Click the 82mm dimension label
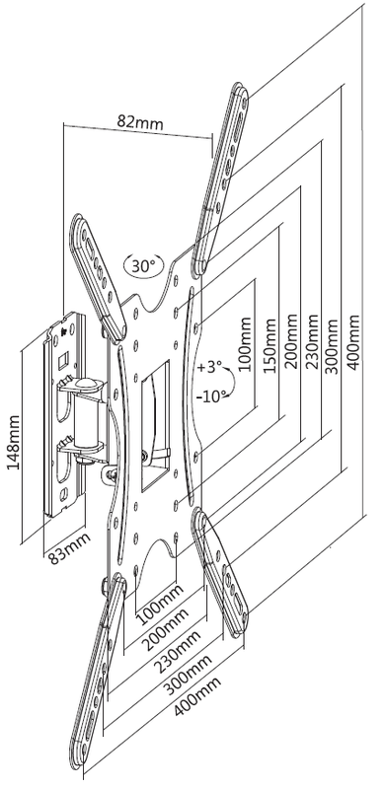pyautogui.click(x=140, y=121)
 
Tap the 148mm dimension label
pyautogui.click(x=13, y=443)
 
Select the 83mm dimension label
pyautogui.click(x=69, y=548)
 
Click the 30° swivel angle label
pyautogui.click(x=143, y=265)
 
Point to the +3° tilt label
pyautogui.click(x=209, y=367)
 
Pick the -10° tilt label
pyautogui.click(x=210, y=396)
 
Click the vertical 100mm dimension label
pyautogui.click(x=245, y=344)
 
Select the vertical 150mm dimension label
pyautogui.click(x=269, y=345)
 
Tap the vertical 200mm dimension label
pyautogui.click(x=291, y=342)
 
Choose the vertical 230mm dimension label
pyautogui.click(x=311, y=341)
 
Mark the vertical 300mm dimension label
pyautogui.click(x=331, y=346)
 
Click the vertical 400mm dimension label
pyautogui.click(x=353, y=342)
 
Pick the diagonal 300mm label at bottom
pyautogui.click(x=186, y=676)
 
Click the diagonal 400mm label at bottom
pyautogui.click(x=197, y=696)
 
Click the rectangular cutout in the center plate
pyautogui.click(x=155, y=426)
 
